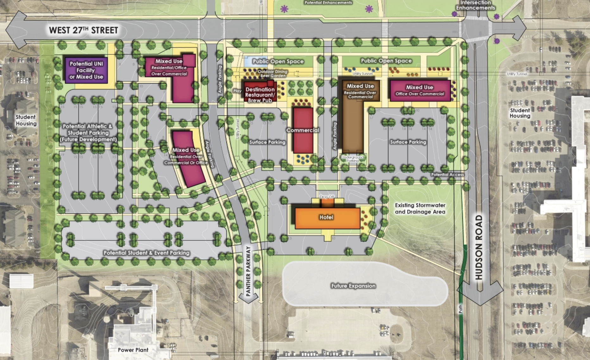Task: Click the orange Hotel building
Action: [x=327, y=218]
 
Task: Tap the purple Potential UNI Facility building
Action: [x=86, y=70]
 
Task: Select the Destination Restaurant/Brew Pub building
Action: [x=260, y=95]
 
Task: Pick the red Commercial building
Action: [x=303, y=130]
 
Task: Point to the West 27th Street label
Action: [x=84, y=30]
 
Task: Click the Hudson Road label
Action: [x=479, y=247]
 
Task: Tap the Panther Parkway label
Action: [x=248, y=271]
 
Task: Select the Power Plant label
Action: [x=133, y=350]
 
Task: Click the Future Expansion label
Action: [x=353, y=286]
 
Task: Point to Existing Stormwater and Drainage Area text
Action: [x=420, y=209]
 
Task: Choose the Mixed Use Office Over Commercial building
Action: [x=420, y=90]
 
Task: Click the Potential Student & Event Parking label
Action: [x=147, y=253]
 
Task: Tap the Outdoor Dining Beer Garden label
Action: [x=273, y=74]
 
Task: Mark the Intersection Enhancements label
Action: [x=475, y=5]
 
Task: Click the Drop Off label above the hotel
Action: [x=327, y=197]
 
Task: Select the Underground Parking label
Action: [x=353, y=159]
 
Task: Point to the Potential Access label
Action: [x=447, y=175]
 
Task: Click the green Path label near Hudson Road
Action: [x=461, y=308]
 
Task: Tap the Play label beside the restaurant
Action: [x=237, y=91]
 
